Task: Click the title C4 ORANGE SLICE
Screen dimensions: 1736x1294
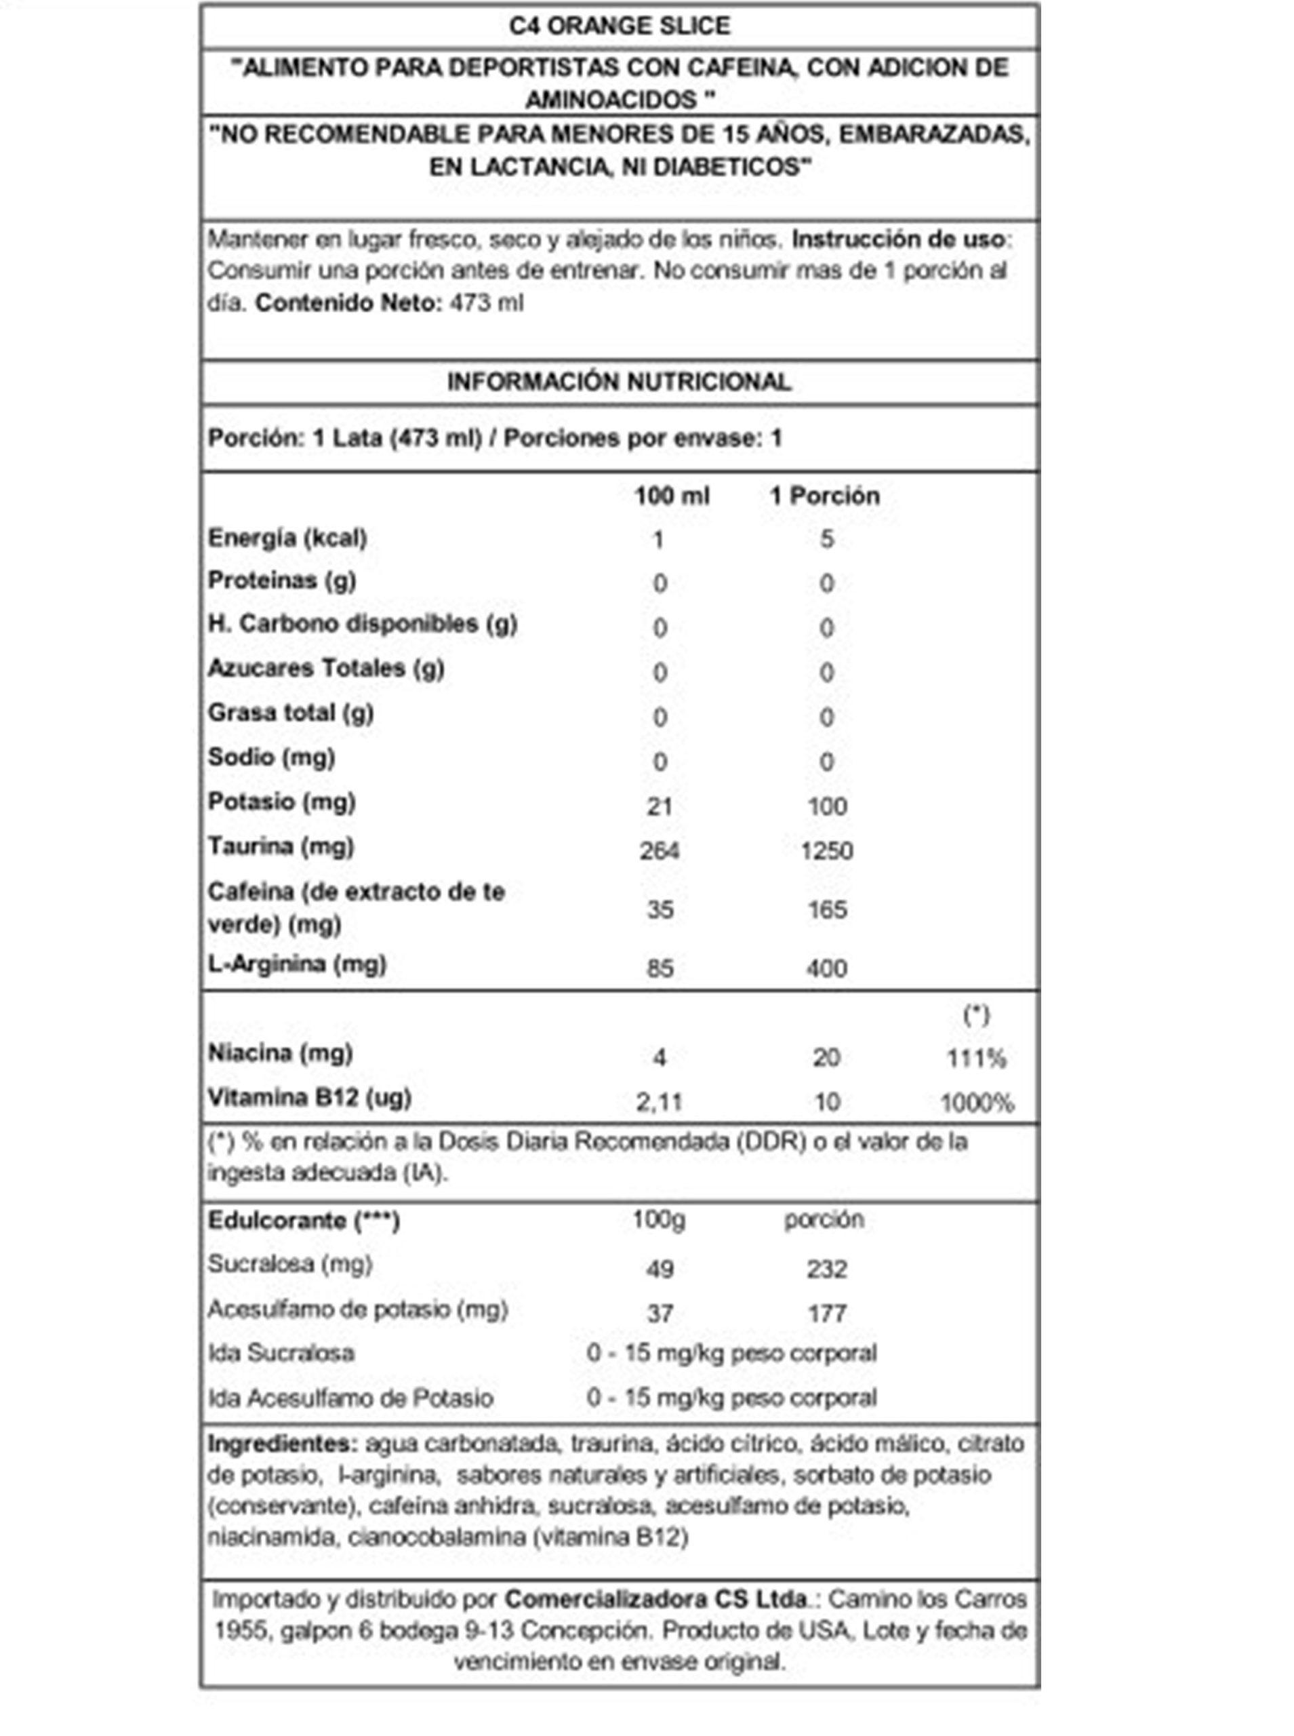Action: click(x=619, y=26)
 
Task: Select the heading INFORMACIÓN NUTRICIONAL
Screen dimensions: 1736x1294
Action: click(x=619, y=382)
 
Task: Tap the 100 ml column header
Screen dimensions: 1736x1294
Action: click(x=671, y=496)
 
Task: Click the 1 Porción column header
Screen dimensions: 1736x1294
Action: click(x=824, y=496)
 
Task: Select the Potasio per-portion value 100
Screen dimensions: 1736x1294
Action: click(x=826, y=806)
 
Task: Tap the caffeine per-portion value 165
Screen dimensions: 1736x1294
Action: click(x=827, y=909)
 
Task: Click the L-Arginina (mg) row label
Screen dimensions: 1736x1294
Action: click(x=297, y=964)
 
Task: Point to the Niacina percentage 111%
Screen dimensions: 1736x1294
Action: click(x=976, y=1059)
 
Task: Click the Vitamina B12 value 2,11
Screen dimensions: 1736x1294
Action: click(x=660, y=1102)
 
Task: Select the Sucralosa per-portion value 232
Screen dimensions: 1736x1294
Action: click(x=827, y=1268)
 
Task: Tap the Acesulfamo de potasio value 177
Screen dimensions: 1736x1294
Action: click(x=827, y=1313)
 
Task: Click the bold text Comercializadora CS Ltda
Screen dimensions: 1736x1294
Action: click(x=655, y=1599)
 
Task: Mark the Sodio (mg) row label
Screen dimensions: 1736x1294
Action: click(x=271, y=757)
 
